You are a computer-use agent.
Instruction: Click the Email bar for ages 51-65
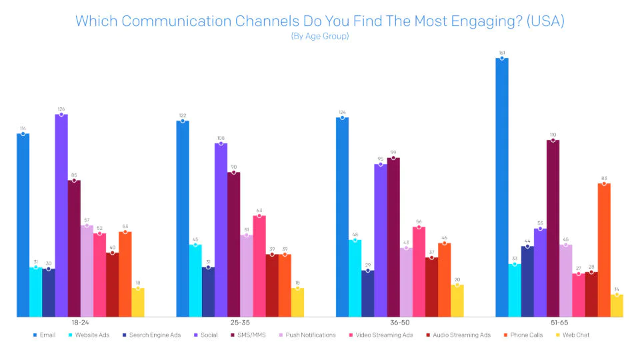click(502, 187)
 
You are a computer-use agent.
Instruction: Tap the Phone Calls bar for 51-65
click(604, 250)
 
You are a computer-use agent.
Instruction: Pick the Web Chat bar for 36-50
click(457, 301)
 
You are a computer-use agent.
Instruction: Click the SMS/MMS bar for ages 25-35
click(234, 244)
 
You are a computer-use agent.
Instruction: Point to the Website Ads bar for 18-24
click(35, 292)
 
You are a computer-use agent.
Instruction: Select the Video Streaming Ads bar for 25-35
click(259, 266)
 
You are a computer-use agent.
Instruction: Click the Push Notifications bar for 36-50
click(406, 282)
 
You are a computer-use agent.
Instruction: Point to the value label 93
click(604, 177)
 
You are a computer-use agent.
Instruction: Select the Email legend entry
click(45, 335)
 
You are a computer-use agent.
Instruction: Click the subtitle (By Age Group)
click(320, 36)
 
